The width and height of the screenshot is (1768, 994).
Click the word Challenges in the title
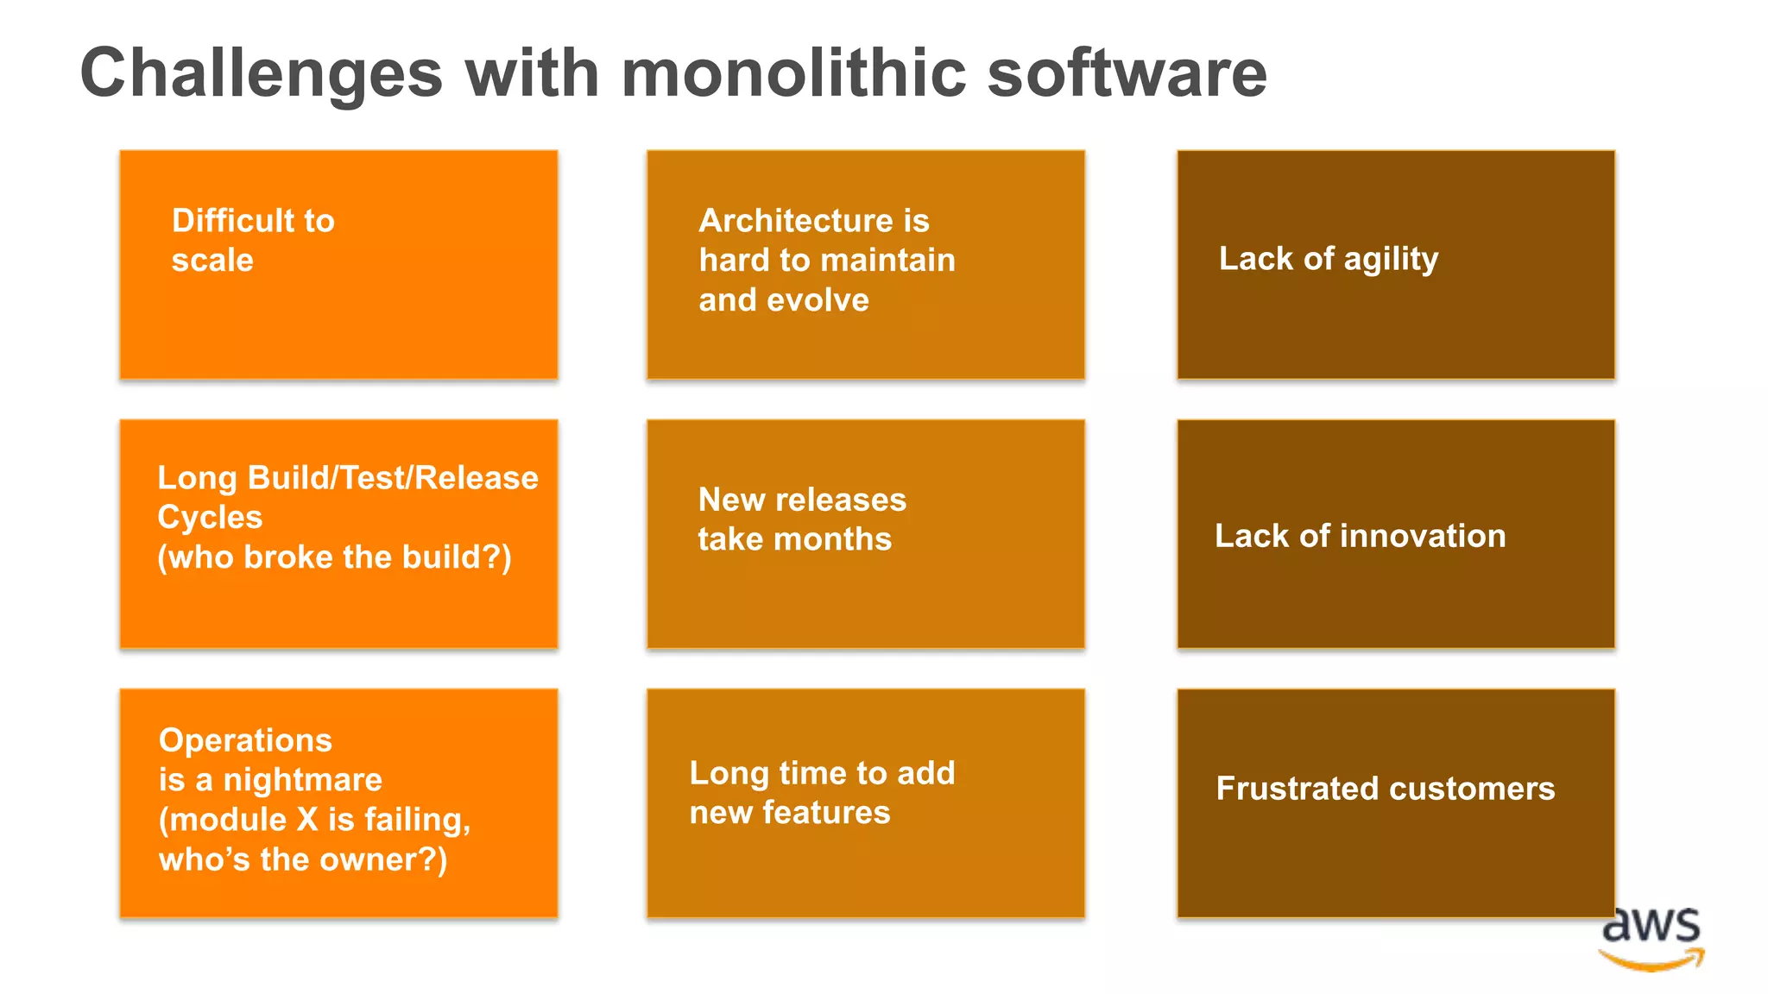[x=261, y=74]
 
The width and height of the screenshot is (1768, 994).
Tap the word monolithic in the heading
[x=793, y=72]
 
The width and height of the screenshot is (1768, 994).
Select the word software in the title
[x=1127, y=72]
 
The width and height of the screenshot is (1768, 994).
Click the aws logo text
[x=1651, y=925]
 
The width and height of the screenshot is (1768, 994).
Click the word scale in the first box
[x=212, y=261]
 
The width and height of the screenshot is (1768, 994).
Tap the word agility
[x=1391, y=260]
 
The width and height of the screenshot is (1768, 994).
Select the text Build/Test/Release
[x=393, y=477]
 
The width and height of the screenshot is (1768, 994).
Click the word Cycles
[x=210, y=517]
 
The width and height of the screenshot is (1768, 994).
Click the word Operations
[x=245, y=740]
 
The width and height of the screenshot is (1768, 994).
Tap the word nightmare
[x=302, y=780]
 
